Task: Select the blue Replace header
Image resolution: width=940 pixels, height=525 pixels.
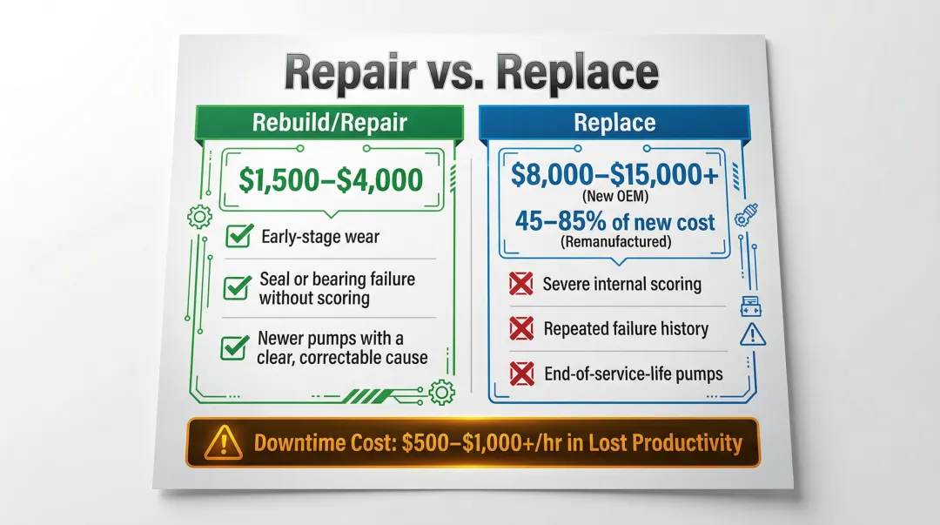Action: (x=614, y=122)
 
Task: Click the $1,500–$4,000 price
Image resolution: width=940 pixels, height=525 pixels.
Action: (x=332, y=180)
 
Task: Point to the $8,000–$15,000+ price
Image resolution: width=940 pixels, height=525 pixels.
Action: (x=615, y=175)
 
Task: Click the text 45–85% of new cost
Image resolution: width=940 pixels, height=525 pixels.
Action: (x=615, y=221)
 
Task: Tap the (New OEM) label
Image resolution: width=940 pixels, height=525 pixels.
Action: (x=615, y=197)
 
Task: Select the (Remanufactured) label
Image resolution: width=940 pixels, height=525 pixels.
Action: (x=615, y=242)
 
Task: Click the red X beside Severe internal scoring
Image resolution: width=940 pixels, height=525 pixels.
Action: (x=520, y=284)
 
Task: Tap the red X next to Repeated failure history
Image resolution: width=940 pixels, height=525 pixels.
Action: (x=520, y=328)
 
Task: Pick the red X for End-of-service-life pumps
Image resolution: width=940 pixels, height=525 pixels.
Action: (x=520, y=374)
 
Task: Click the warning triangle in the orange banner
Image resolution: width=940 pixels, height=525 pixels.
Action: (x=223, y=443)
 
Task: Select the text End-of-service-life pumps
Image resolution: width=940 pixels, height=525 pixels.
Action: (x=633, y=374)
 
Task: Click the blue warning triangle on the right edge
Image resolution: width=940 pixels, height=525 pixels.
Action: (x=749, y=333)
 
